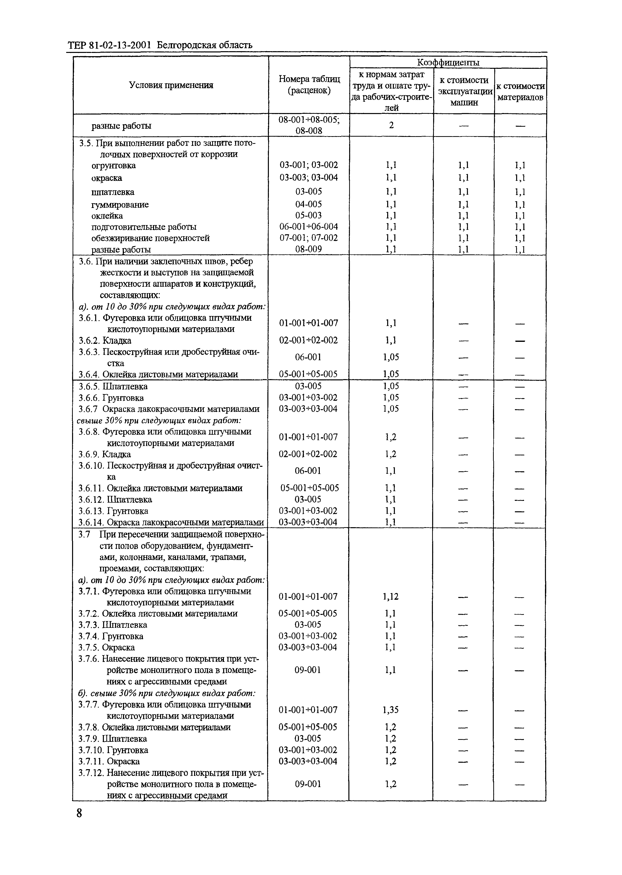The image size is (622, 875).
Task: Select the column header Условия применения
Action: tap(171, 85)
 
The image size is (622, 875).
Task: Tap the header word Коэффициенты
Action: tap(448, 62)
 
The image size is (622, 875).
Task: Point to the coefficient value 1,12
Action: tap(391, 597)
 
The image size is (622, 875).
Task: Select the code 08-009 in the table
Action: tap(309, 249)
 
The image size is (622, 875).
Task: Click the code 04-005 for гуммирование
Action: tap(309, 204)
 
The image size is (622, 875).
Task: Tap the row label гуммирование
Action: tap(120, 204)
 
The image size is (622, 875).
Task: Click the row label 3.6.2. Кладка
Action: tap(105, 340)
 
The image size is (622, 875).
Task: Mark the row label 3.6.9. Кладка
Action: tap(105, 454)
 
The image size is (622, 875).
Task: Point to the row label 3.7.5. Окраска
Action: tap(106, 647)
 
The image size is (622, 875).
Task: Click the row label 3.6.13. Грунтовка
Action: tap(113, 511)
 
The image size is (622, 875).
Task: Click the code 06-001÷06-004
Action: tap(309, 227)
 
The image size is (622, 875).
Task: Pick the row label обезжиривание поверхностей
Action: tap(151, 238)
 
